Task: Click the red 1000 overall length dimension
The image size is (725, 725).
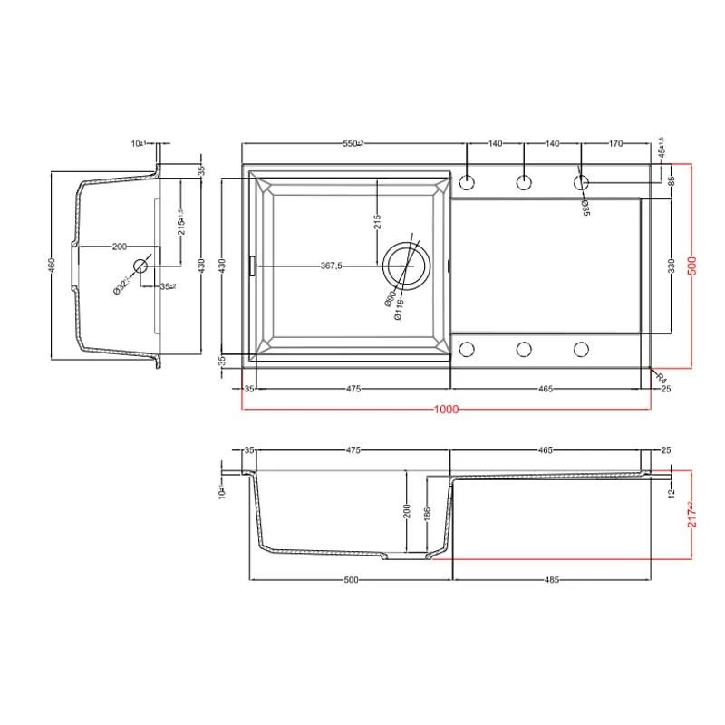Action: [x=445, y=409]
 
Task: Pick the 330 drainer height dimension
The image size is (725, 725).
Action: [x=672, y=266]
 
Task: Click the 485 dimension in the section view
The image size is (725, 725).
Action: [x=552, y=580]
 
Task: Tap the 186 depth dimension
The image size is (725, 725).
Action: [x=428, y=514]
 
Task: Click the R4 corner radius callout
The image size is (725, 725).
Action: [x=661, y=376]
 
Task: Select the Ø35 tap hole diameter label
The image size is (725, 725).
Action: [x=586, y=207]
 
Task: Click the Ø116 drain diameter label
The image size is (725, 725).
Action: [x=397, y=310]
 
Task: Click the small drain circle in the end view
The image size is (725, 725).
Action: [x=140, y=266]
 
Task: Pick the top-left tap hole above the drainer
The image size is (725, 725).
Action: [x=467, y=182]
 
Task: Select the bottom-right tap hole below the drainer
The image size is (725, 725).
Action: [x=581, y=349]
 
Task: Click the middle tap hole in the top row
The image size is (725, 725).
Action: [x=524, y=182]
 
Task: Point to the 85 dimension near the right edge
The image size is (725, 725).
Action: [x=672, y=180]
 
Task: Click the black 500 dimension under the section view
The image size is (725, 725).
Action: [x=352, y=580]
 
